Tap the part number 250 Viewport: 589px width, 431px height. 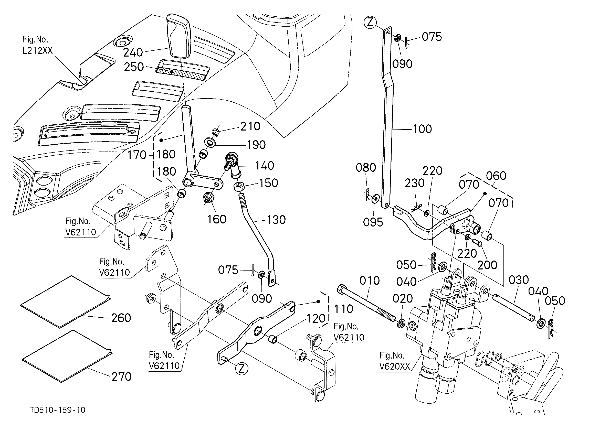pyautogui.click(x=134, y=67)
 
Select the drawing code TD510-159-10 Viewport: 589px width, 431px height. pyautogui.click(x=58, y=410)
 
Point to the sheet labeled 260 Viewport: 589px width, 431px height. pyautogui.click(x=65, y=301)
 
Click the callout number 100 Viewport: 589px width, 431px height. pyautogui.click(x=422, y=129)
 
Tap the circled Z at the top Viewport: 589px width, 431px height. pyautogui.click(x=370, y=23)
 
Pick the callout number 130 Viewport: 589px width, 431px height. pyautogui.click(x=276, y=220)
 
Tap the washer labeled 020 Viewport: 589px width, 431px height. pyautogui.click(x=401, y=324)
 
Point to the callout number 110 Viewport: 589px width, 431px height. pyautogui.click(x=344, y=309)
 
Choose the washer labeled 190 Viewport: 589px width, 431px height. pyautogui.click(x=210, y=143)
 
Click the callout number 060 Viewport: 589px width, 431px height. pyautogui.click(x=496, y=176)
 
